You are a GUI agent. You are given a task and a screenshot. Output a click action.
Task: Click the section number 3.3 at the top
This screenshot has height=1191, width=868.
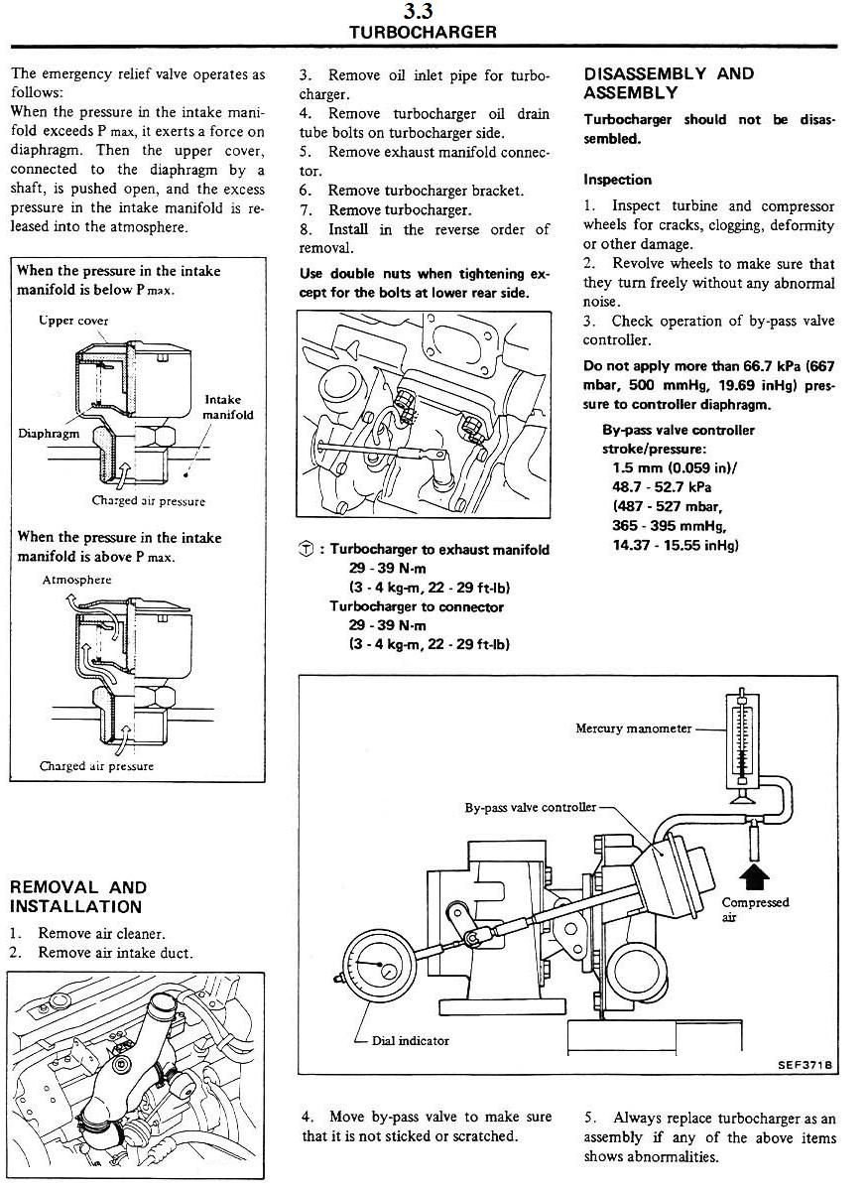click(x=423, y=13)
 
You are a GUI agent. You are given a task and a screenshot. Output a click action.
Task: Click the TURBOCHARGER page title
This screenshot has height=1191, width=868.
click(x=423, y=33)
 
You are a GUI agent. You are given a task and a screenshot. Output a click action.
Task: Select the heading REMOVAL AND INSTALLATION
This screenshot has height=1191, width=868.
click(x=78, y=896)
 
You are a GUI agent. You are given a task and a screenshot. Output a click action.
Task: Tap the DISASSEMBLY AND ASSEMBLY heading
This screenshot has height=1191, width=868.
click(x=669, y=83)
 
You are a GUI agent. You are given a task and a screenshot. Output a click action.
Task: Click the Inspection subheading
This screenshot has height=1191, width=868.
click(x=617, y=180)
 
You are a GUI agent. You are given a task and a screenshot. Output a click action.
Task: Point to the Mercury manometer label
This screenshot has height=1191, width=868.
click(x=633, y=728)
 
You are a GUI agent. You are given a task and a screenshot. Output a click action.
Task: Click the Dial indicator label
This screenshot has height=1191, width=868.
click(x=410, y=1040)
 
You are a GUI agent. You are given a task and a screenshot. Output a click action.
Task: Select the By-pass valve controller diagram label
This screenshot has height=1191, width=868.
click(x=531, y=807)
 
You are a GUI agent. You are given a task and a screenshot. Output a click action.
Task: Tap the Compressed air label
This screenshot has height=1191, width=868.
click(x=755, y=908)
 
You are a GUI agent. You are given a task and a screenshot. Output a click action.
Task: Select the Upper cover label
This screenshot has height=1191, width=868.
click(x=74, y=321)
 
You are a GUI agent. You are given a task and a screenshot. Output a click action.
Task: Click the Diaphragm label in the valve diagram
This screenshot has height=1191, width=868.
click(x=49, y=434)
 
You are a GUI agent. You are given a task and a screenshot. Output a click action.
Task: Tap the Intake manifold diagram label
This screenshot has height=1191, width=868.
click(x=228, y=407)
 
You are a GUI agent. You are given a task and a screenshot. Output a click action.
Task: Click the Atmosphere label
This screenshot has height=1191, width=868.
click(x=77, y=580)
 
